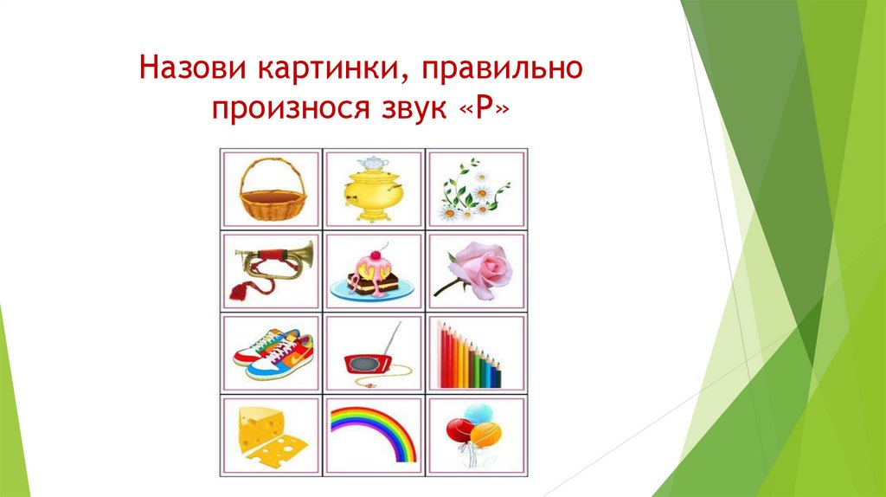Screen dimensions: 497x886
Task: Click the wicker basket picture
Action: (273, 190)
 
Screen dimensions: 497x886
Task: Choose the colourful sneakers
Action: (273, 352)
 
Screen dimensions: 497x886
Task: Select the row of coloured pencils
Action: (472, 355)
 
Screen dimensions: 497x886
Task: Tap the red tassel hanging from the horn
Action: (238, 290)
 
